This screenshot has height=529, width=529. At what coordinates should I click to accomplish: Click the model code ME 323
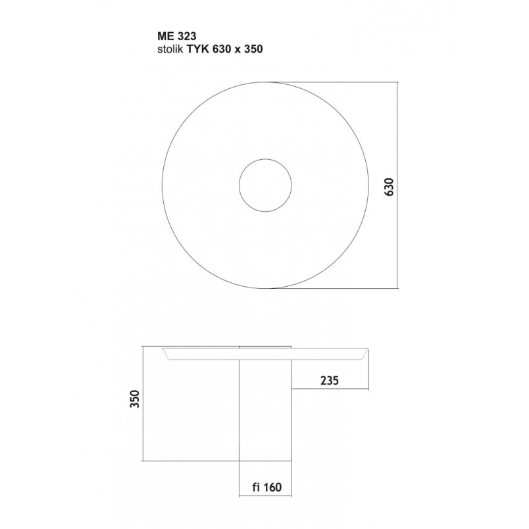pyautogui.click(x=176, y=36)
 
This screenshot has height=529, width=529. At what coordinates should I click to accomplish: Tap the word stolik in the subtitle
pyautogui.click(x=170, y=49)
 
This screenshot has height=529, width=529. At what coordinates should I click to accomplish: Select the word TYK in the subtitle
pyautogui.click(x=199, y=49)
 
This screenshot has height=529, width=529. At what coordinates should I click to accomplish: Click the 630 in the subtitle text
pyautogui.click(x=222, y=49)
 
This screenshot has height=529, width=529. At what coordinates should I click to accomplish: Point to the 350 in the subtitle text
pyautogui.click(x=253, y=49)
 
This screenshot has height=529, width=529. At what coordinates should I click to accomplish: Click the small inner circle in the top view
pyautogui.click(x=239, y=186)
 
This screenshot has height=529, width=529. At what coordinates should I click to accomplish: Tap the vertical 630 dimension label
pyautogui.click(x=389, y=187)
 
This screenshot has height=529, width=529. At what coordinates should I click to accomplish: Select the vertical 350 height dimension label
pyautogui.click(x=135, y=399)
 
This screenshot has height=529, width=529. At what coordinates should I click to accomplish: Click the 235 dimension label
pyautogui.click(x=329, y=380)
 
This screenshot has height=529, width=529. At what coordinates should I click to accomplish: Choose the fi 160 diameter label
pyautogui.click(x=266, y=487)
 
